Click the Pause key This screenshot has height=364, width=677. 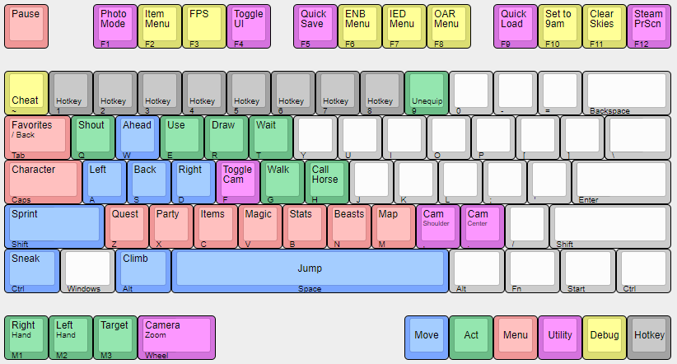(26, 26)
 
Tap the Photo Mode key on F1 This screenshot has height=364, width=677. (115, 26)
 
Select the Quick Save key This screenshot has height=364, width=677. (315, 26)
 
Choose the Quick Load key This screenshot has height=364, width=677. (516, 26)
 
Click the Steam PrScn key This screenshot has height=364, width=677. (649, 26)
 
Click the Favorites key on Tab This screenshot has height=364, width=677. (37, 137)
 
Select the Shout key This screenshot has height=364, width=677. (93, 137)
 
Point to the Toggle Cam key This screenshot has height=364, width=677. (240, 181)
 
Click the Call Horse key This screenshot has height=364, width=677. (327, 181)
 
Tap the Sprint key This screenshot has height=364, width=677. (54, 226)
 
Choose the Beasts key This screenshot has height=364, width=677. (349, 226)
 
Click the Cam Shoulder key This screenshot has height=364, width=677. (438, 226)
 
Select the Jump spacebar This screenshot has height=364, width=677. (310, 270)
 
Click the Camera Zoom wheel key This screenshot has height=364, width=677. (176, 337)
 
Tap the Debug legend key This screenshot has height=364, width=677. (605, 337)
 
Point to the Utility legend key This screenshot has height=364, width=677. (560, 337)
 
